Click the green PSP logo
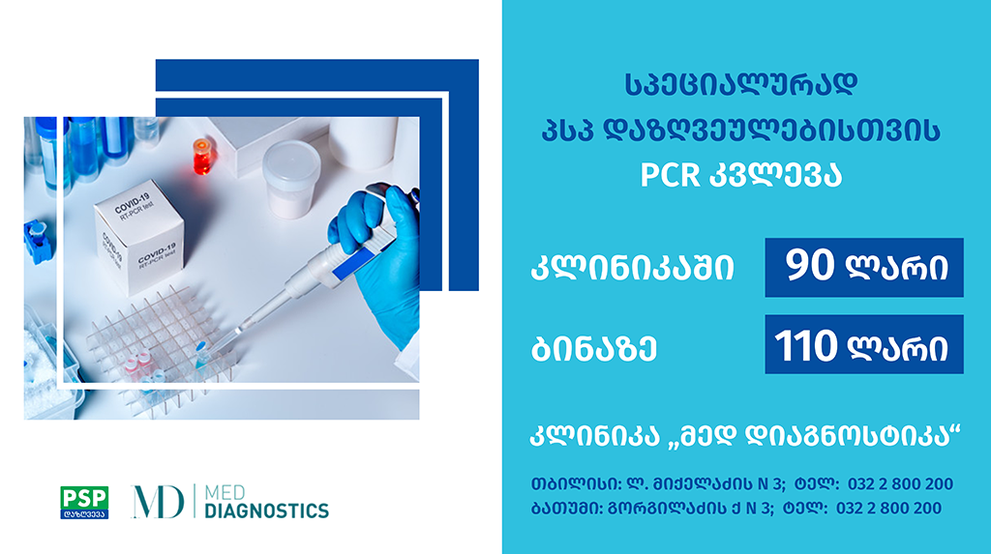coord(84,502)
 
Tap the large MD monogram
coord(158,502)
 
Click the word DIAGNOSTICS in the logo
coord(267,510)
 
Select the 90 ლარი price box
coord(864,267)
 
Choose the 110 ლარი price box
coord(864,344)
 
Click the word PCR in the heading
coord(670,175)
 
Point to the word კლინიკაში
coord(633,268)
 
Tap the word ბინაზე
coord(594,347)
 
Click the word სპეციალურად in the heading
coord(740,85)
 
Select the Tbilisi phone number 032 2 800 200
coord(900,484)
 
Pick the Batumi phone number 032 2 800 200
coord(888,508)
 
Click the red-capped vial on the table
coord(201,157)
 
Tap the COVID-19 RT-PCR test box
coord(139,244)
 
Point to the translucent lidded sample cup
coord(290,179)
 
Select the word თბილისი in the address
coord(576,484)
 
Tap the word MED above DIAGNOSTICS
coord(225,492)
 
